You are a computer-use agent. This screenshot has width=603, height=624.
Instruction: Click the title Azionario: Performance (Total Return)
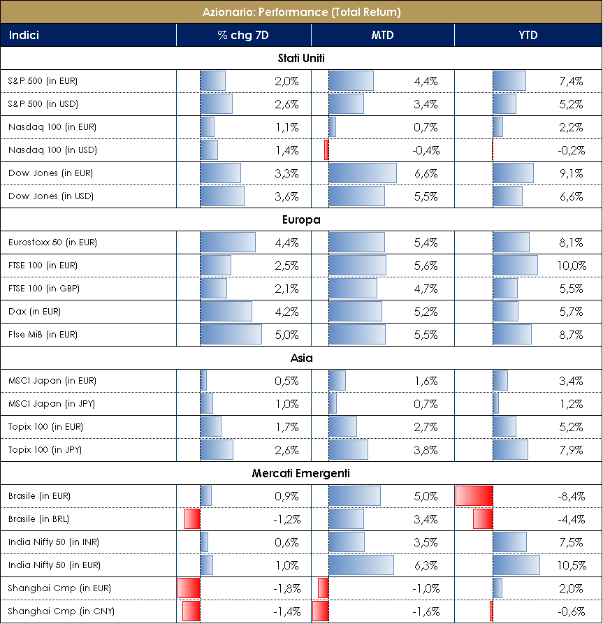[x=301, y=12]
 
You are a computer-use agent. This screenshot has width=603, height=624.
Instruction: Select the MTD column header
[x=382, y=35]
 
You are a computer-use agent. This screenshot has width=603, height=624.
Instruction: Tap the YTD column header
[x=528, y=35]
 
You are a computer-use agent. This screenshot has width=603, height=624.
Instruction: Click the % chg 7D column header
[x=243, y=35]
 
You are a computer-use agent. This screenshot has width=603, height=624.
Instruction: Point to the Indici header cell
[x=24, y=35]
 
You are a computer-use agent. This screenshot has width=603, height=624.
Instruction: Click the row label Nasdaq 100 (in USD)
[x=52, y=150]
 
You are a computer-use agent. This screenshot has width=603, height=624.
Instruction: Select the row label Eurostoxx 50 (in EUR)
[x=52, y=242]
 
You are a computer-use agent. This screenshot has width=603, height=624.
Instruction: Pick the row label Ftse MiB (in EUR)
[x=43, y=335]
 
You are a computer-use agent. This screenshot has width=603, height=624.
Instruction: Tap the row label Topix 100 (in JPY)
[x=45, y=450]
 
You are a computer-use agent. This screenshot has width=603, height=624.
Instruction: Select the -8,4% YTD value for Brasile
[x=571, y=496]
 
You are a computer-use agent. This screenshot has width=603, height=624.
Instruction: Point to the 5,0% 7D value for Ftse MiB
[x=286, y=335]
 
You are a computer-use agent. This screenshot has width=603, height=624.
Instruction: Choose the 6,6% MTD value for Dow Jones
[x=426, y=173]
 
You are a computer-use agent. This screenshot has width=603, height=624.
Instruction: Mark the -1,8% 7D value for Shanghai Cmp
[x=286, y=588]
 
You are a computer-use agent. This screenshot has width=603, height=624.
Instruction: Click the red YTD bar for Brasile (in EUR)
[x=474, y=496]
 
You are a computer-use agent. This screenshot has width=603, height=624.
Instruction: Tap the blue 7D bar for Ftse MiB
[x=231, y=335]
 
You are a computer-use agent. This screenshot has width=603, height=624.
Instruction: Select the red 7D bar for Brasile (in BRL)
[x=192, y=519]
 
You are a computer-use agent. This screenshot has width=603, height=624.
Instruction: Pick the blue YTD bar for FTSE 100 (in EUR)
[x=515, y=266]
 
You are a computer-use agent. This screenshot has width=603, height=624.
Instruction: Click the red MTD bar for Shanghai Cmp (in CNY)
[x=320, y=611]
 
